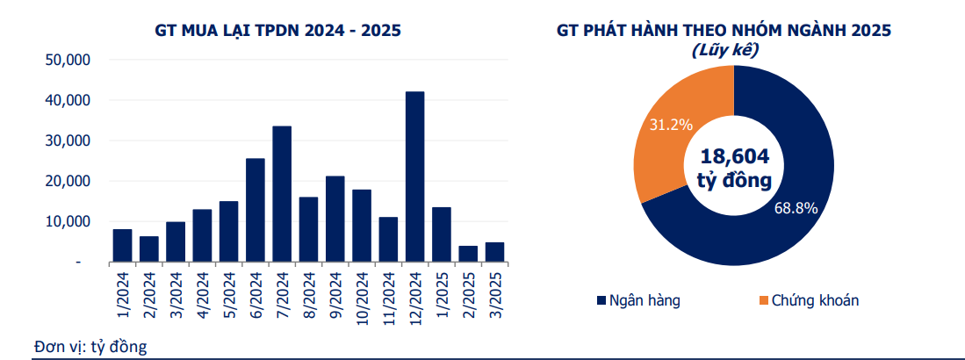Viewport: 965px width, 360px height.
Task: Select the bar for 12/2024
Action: [414, 176]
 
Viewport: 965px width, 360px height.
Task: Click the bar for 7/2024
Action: [282, 194]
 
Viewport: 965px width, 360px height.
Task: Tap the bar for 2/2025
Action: [468, 254]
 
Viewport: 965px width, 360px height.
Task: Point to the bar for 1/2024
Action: [122, 245]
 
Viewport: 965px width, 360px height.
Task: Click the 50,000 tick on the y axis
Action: [68, 61]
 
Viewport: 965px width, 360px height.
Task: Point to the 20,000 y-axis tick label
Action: [68, 181]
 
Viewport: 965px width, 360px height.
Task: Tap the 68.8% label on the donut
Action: [796, 208]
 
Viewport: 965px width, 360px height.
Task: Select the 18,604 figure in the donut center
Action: [734, 156]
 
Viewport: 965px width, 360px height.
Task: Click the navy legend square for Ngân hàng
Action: [601, 301]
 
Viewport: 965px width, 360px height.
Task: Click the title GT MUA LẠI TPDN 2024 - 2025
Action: [277, 31]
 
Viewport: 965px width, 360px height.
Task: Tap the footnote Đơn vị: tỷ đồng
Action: [90, 345]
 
